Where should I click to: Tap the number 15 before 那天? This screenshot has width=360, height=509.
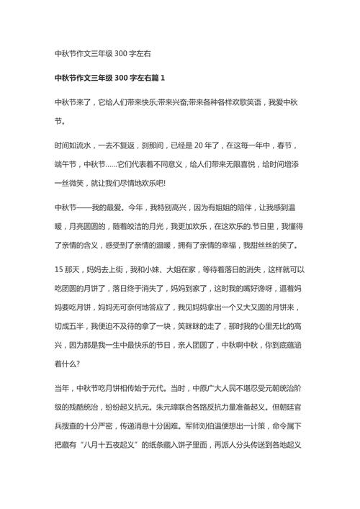(x=59, y=269)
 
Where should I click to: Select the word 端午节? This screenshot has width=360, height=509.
(x=68, y=164)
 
